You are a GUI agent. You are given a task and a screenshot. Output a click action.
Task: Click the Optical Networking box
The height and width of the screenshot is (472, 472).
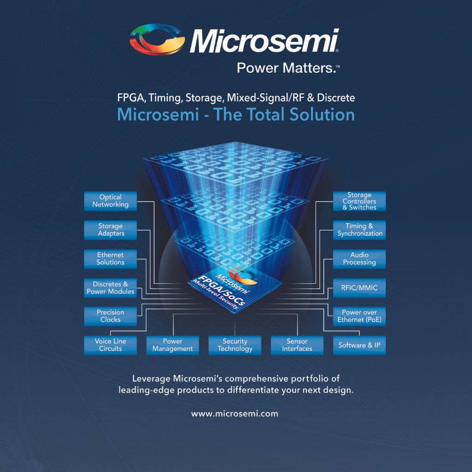[x=111, y=201]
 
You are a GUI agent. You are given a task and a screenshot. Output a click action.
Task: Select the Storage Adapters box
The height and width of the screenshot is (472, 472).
[x=111, y=230]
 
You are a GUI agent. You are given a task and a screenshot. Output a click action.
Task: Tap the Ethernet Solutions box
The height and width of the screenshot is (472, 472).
[x=111, y=259]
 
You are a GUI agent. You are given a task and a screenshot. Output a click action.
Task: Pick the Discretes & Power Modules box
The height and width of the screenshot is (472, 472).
[x=111, y=288]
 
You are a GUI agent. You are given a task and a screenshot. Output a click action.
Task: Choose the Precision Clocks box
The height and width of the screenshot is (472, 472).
[x=111, y=316]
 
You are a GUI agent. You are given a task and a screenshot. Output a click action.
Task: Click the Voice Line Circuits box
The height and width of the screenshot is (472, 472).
[x=111, y=345]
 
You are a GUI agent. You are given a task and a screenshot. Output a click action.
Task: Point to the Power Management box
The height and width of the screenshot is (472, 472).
[x=173, y=345]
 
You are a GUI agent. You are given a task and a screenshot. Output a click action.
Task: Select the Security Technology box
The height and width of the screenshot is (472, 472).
[x=235, y=345]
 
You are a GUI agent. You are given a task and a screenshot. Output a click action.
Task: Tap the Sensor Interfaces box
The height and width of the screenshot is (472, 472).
[x=297, y=345]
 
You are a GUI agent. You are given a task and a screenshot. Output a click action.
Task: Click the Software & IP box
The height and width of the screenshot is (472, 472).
[x=360, y=345]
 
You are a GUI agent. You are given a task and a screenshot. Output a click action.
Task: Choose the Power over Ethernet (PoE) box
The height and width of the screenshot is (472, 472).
[x=360, y=316]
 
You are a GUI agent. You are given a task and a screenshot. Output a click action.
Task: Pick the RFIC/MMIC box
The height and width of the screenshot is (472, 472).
[x=360, y=288]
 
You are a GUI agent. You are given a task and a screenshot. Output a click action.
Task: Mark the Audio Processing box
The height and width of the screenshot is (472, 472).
[x=360, y=259]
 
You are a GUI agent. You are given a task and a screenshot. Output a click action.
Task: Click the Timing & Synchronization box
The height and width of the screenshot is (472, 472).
[x=360, y=230]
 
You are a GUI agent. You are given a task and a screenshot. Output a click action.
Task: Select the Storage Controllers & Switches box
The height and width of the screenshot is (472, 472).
[x=360, y=201]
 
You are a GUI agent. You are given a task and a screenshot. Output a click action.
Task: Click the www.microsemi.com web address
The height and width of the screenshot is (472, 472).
[x=235, y=413]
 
